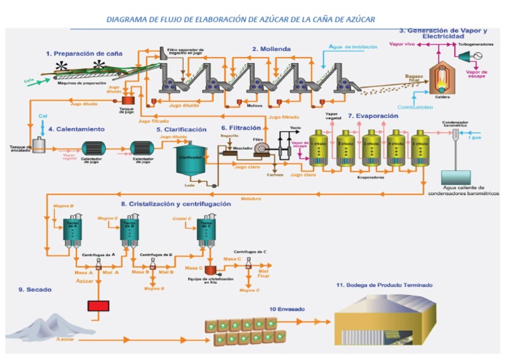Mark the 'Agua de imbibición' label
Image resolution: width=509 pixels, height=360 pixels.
pos(353,48)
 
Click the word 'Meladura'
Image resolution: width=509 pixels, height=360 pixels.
pos(251,198)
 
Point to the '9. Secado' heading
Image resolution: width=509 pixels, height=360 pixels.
pos(35,290)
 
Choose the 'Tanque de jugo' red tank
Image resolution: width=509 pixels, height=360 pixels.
pos(126,99)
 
